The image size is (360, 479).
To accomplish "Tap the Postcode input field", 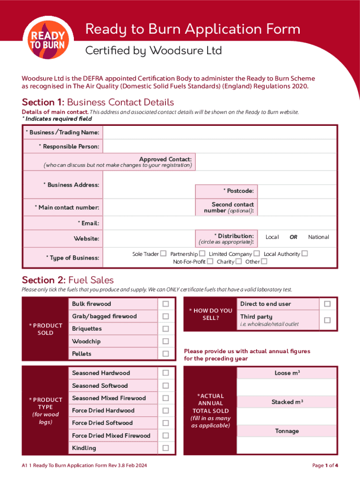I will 296,191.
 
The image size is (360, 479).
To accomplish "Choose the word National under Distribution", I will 318,237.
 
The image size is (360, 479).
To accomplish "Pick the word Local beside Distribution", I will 272,237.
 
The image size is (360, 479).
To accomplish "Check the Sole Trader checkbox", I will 163,254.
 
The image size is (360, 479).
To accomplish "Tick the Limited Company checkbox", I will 257,254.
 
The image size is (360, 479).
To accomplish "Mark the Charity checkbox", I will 238,261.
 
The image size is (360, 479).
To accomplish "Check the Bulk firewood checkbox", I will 166,304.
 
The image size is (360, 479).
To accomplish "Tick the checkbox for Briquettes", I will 166,329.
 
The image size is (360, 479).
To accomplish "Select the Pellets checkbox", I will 166,354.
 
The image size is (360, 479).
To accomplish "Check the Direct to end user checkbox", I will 327,304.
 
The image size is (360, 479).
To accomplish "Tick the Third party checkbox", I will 327,320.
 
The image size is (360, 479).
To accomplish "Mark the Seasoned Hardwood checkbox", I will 166,373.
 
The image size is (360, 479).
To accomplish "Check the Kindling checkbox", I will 166,448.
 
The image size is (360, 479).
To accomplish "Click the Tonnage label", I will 287,431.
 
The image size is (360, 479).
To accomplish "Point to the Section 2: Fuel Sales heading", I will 68,280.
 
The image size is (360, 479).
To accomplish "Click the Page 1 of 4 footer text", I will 325,465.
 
